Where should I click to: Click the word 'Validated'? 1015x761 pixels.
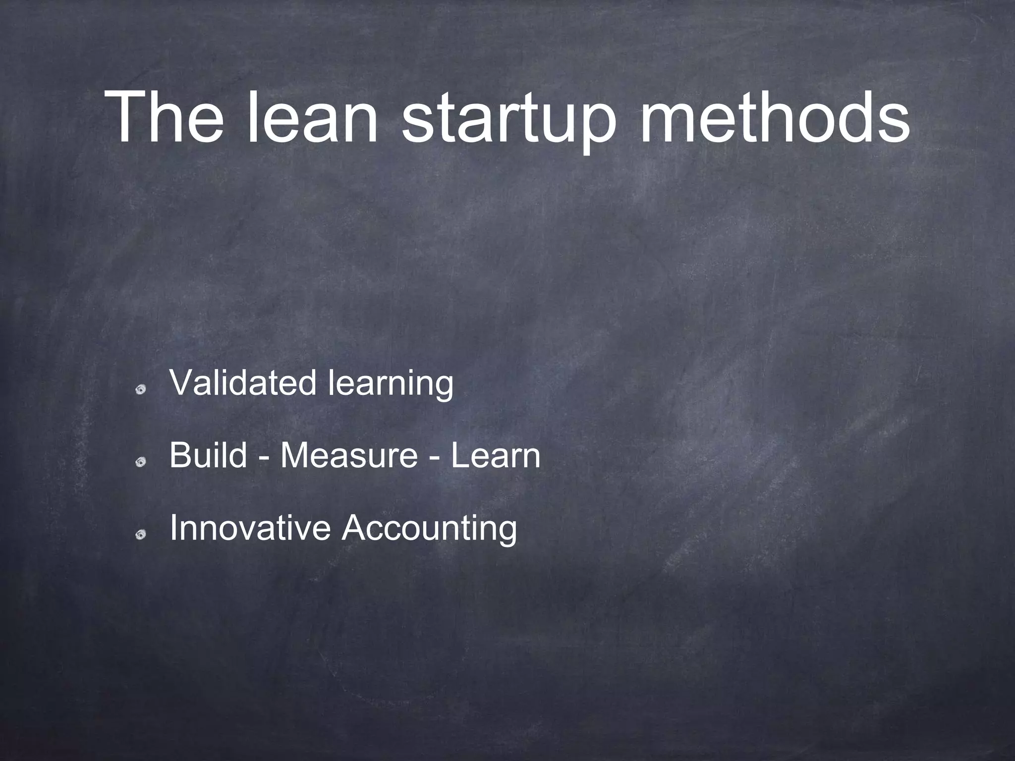(242, 383)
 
